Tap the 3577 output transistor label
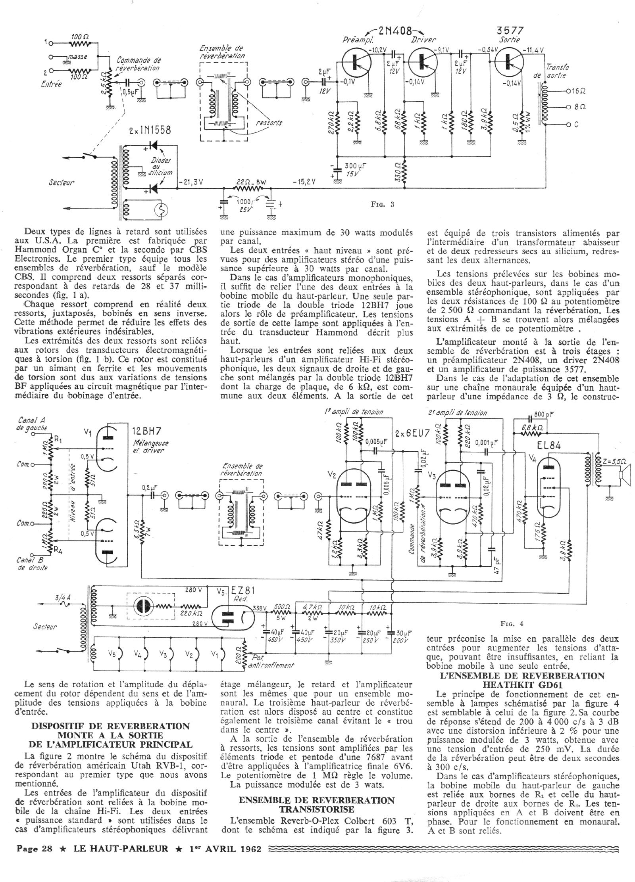click(x=510, y=31)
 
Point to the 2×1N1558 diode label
click(x=150, y=130)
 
